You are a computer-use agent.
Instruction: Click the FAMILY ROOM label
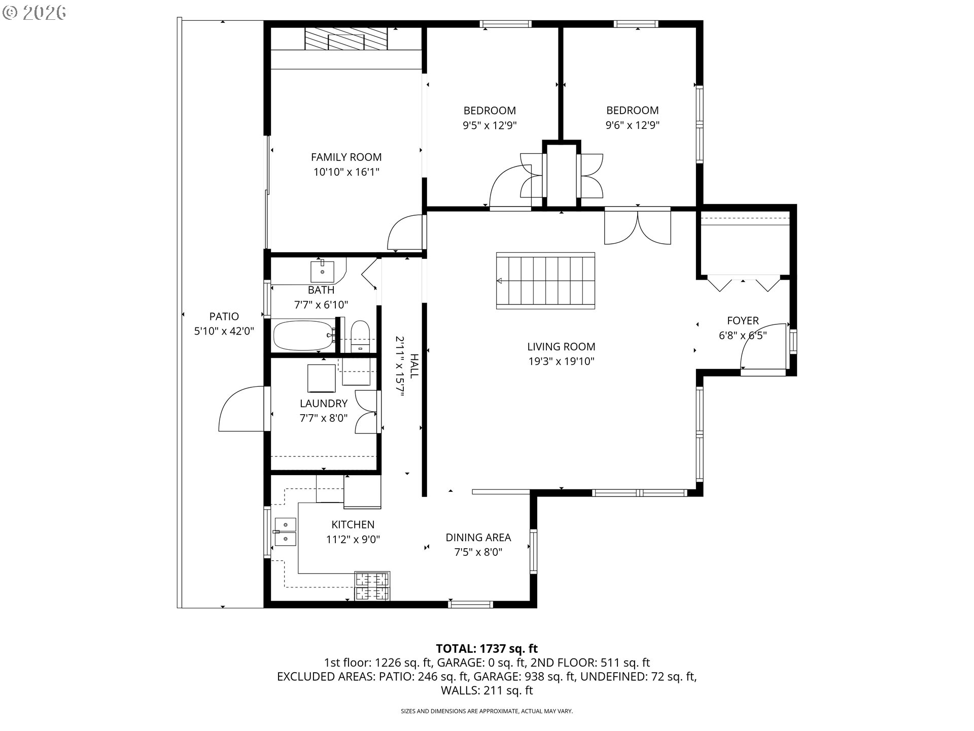tap(346, 157)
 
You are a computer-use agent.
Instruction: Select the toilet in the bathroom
tap(361, 336)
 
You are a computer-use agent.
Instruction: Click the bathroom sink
tap(322, 272)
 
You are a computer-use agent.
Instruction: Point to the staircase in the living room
tap(545, 280)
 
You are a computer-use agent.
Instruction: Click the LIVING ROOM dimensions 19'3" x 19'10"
tap(561, 361)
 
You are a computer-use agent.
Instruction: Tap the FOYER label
tap(743, 321)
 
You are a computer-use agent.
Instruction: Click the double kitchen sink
tap(285, 531)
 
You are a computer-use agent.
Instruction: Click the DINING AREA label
tap(478, 538)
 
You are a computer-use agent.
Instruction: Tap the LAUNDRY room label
tap(323, 404)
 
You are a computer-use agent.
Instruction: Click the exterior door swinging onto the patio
tap(239, 410)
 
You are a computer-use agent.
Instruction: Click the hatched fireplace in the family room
tap(346, 39)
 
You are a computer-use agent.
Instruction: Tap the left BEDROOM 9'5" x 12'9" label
tap(490, 111)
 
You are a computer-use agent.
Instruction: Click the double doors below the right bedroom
tap(638, 227)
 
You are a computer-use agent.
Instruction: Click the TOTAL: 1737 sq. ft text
tap(486, 648)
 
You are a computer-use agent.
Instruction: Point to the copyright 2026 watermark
tap(34, 12)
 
